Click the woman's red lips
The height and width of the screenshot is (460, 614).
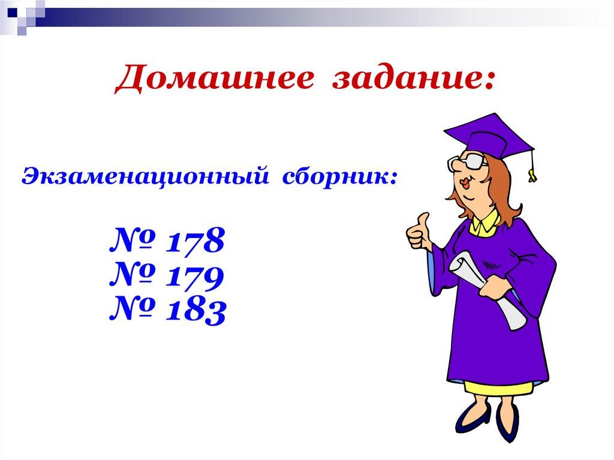point(458,184)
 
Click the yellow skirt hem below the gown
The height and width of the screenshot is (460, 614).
point(498,387)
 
